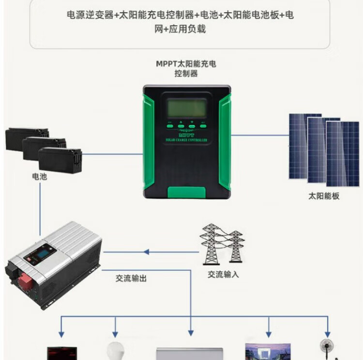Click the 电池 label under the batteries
point(40,177)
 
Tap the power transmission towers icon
point(222,245)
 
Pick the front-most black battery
point(60,159)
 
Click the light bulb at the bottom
point(115,351)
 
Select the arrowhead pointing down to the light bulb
point(115,334)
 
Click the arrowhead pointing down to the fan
point(328,334)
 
